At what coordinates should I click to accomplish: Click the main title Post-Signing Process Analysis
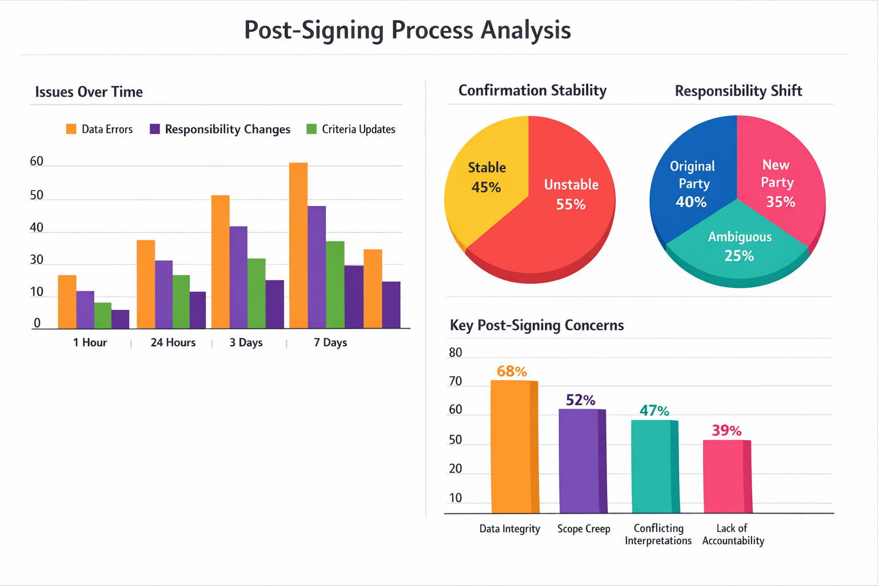[x=407, y=30]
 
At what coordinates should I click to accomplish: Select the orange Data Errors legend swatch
[x=71, y=129]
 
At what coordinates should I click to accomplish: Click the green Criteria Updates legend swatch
[x=312, y=129]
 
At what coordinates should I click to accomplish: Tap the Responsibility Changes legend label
[x=228, y=129]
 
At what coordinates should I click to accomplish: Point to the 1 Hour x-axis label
[x=90, y=342]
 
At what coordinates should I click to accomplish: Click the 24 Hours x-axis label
[x=173, y=342]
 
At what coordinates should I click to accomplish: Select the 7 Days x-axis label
[x=330, y=342]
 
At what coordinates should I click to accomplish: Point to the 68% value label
[x=512, y=371]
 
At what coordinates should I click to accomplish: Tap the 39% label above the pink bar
[x=727, y=430]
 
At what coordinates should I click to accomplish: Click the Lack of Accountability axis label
[x=733, y=534]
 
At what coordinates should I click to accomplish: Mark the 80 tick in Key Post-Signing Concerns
[x=456, y=353]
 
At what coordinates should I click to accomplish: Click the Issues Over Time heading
[x=89, y=92]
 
